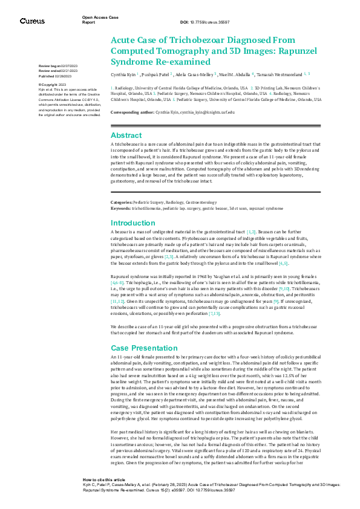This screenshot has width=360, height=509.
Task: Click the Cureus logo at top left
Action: pos(32,21)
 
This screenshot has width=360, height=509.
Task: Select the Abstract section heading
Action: pos(126,135)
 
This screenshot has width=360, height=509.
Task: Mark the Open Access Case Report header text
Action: pos(97,20)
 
